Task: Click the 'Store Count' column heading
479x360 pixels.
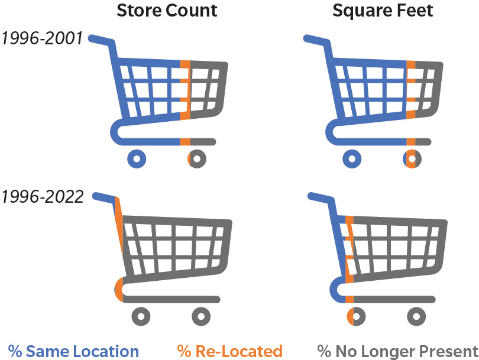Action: click(167, 11)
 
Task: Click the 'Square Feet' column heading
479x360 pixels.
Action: click(383, 11)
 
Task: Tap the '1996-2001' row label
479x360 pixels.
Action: click(42, 39)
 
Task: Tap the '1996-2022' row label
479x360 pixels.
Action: click(43, 196)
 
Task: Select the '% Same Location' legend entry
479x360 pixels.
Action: click(73, 351)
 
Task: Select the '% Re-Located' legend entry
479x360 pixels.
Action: click(229, 351)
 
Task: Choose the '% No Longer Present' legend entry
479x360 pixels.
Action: click(398, 351)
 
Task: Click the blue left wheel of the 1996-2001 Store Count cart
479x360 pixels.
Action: click(137, 158)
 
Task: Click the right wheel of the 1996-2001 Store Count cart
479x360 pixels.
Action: click(197, 158)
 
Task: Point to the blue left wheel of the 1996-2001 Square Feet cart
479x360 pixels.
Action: click(352, 158)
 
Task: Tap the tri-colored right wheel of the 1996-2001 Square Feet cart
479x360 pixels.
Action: click(412, 158)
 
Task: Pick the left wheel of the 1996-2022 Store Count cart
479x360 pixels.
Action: click(141, 316)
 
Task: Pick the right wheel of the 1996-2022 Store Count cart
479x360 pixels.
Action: click(201, 316)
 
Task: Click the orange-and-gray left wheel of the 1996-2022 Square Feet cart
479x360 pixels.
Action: click(356, 316)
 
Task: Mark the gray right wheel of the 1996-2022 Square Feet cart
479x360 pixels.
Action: click(416, 316)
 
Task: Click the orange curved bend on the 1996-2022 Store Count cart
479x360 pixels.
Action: click(119, 290)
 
